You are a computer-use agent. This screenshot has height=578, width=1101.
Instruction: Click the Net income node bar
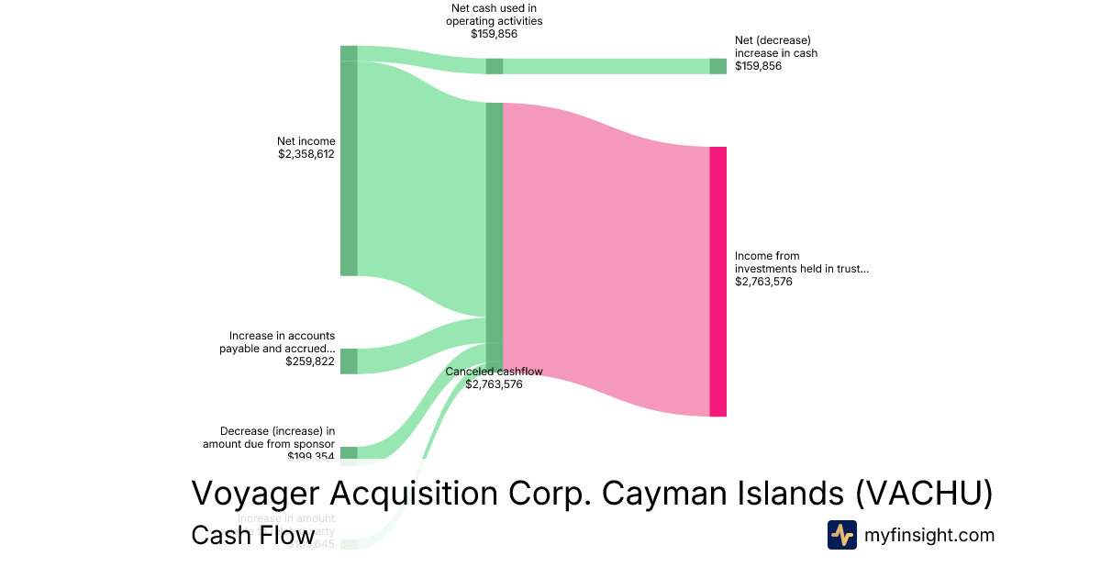[349, 168]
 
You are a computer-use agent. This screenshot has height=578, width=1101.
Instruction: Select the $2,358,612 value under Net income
[306, 154]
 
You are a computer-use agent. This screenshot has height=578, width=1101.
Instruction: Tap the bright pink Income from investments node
[717, 281]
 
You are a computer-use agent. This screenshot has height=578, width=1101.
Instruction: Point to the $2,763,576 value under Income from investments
[763, 282]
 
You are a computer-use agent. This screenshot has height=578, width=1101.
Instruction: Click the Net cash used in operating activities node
[494, 66]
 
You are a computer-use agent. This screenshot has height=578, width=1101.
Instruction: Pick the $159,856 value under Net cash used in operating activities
[494, 34]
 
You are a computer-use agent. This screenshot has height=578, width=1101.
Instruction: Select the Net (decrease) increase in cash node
[717, 66]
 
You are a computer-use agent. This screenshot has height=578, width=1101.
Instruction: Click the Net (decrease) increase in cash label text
[775, 47]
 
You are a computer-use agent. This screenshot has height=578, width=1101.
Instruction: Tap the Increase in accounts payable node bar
[349, 361]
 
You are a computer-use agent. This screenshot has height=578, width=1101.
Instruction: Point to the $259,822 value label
[309, 361]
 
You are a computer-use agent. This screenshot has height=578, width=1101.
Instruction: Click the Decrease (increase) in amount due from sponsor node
[349, 452]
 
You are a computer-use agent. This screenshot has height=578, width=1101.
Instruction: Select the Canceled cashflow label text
[494, 372]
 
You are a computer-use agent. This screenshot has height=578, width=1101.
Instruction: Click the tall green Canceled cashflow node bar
[494, 229]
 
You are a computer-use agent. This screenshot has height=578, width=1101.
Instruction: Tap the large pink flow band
[606, 257]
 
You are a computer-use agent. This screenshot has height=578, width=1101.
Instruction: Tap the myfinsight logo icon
[841, 535]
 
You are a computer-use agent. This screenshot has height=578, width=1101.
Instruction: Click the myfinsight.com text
[929, 535]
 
